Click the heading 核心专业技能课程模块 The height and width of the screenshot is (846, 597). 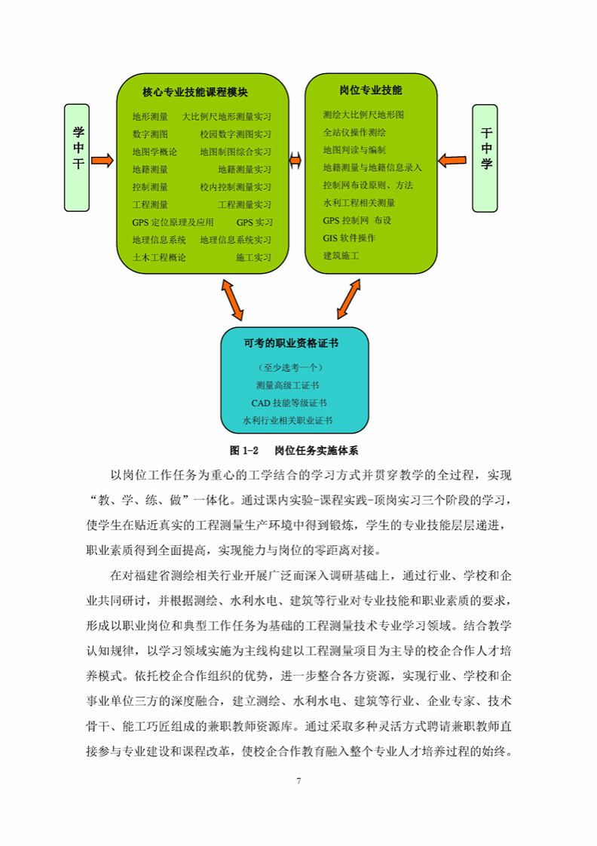pos(194,93)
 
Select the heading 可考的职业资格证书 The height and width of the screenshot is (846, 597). pos(291,343)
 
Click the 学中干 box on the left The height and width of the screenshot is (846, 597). pos(78,158)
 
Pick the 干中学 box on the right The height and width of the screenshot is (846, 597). pos(486,158)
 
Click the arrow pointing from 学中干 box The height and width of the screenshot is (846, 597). pos(103,159)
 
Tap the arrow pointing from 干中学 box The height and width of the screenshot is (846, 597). pos(452,159)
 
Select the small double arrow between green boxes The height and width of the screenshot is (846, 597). pos(295,160)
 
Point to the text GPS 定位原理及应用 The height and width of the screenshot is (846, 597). pos(173,222)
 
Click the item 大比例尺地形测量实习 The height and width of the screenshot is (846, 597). pos(226,117)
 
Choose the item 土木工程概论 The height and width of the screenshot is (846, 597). pos(159,257)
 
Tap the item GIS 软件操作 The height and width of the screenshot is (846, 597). pos(349,238)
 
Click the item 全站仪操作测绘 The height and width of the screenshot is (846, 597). pos(354,132)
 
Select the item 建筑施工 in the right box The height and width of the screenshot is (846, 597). pos(341,256)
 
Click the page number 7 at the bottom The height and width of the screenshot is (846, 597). pos(299,780)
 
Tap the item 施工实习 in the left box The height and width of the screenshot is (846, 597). pos(253,257)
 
